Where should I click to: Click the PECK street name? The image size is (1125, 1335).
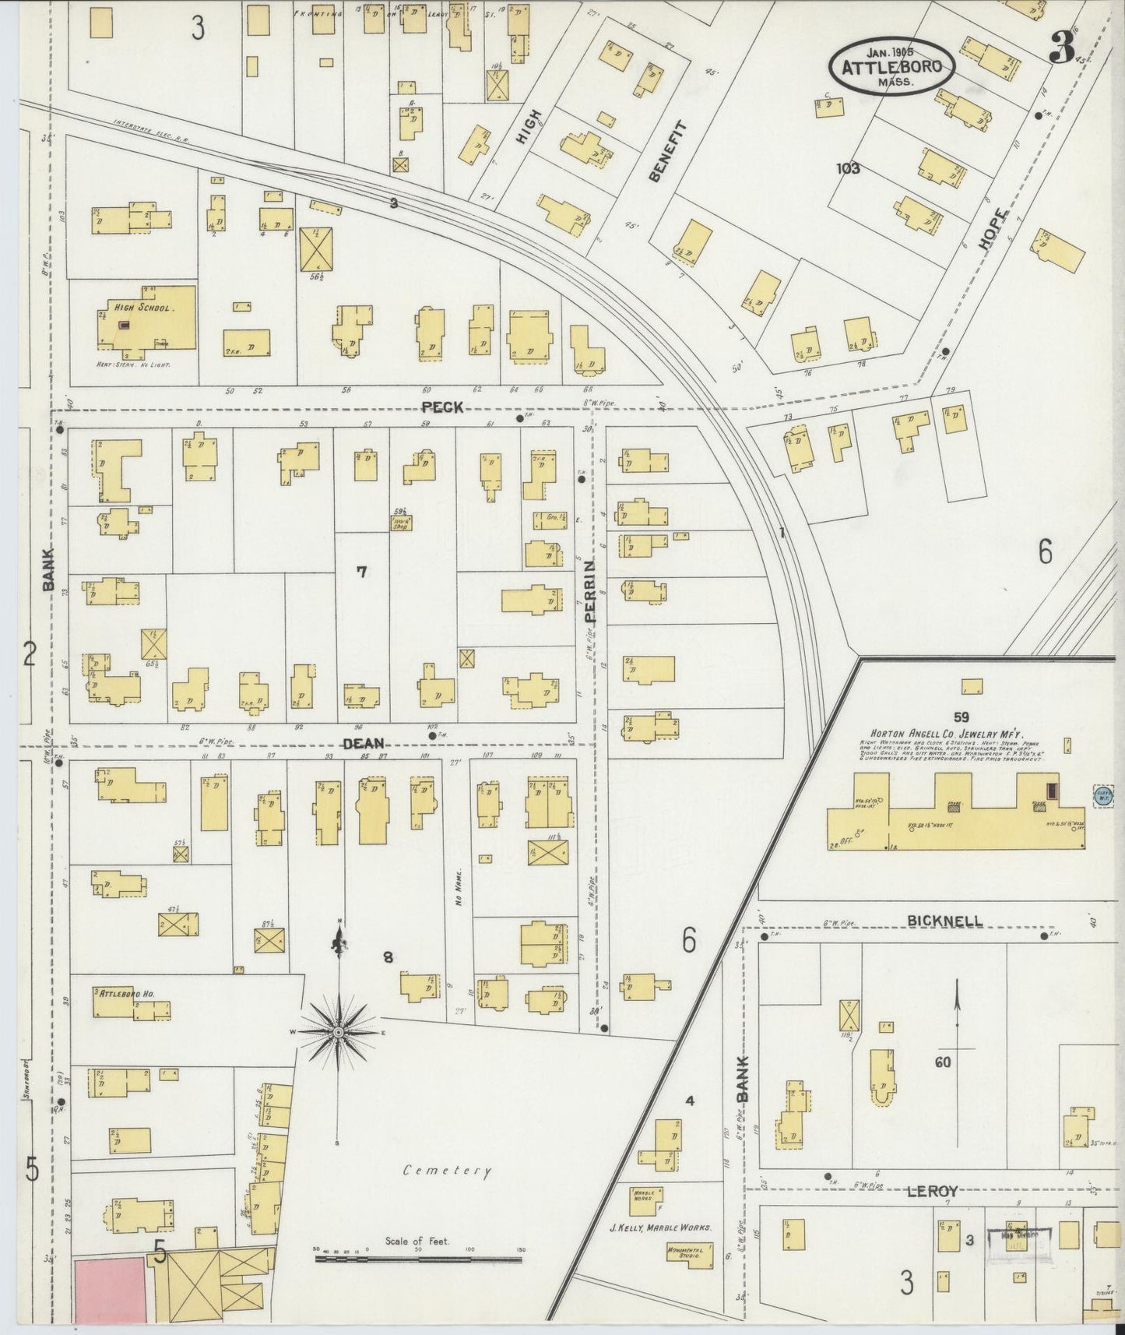click(442, 407)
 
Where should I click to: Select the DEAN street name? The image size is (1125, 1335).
click(362, 745)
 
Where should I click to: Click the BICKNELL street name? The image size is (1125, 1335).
click(944, 921)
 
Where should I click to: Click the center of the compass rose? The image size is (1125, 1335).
click(339, 1033)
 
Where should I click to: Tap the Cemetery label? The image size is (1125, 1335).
click(448, 1171)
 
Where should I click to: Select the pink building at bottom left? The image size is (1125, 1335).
click(111, 1289)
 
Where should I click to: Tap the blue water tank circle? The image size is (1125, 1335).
click(1103, 796)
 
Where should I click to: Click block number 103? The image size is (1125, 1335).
click(847, 167)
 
